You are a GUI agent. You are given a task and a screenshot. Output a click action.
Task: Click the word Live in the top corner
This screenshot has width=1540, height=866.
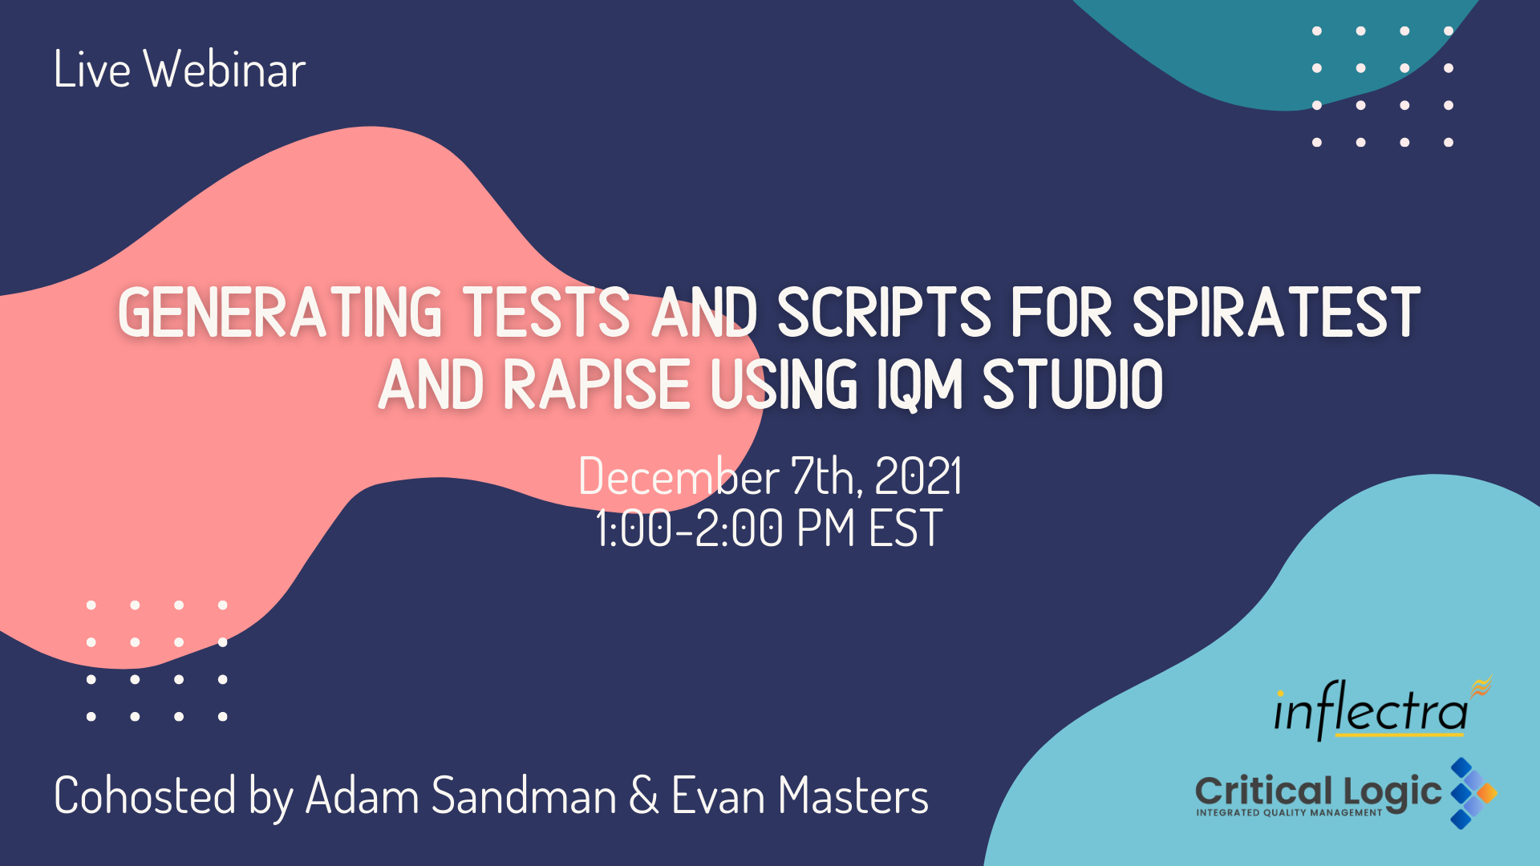point(92,69)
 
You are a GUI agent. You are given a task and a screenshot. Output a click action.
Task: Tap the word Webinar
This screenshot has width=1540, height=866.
point(225,69)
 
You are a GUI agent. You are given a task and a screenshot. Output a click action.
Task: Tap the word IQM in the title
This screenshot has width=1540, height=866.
point(919,386)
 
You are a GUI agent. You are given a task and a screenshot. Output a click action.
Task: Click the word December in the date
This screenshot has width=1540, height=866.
point(679,476)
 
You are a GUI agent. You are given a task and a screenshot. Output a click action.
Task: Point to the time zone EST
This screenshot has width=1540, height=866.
point(906,528)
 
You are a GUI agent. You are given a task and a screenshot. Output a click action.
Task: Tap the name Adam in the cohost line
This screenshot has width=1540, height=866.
point(363,796)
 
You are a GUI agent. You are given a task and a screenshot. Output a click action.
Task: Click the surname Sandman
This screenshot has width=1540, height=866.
point(525,796)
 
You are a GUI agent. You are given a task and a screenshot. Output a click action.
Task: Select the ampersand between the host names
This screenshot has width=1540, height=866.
point(644,796)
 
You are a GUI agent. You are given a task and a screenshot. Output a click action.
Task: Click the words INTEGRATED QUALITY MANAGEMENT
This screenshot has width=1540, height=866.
point(1289,813)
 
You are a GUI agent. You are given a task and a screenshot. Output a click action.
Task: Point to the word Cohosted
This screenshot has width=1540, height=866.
point(145,796)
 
